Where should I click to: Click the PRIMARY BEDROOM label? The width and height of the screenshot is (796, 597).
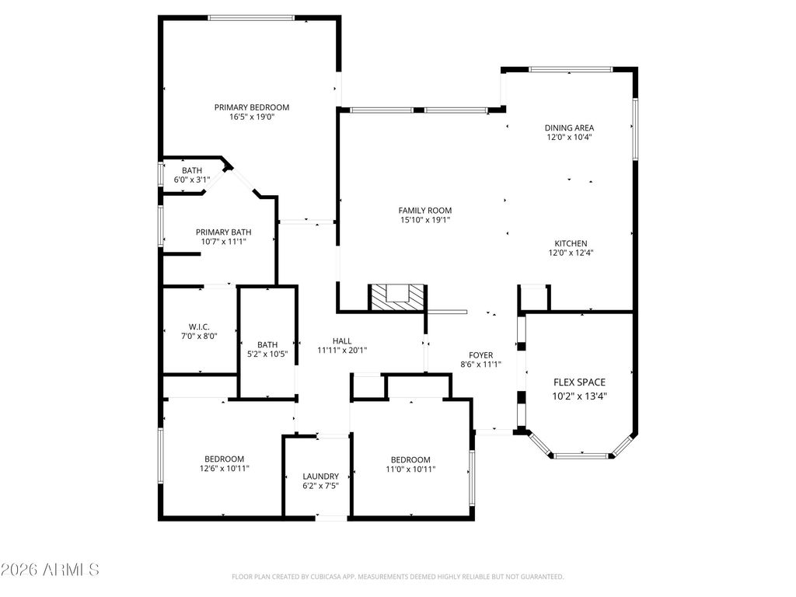(252, 107)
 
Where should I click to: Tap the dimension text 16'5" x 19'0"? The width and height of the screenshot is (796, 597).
(252, 117)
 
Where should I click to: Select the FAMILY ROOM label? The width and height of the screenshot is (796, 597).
(424, 211)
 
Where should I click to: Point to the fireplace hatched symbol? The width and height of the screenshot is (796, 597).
(397, 295)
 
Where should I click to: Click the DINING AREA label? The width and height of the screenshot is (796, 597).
(570, 127)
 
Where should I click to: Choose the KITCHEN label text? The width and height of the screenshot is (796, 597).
(571, 243)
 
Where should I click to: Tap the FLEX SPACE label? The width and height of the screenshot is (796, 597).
(579, 382)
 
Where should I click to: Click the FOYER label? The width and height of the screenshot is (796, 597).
(481, 354)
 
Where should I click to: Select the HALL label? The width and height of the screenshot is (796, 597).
(342, 340)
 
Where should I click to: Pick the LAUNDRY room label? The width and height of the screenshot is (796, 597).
(320, 477)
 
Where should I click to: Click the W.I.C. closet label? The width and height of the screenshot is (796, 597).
(199, 326)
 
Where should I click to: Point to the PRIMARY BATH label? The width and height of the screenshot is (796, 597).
(223, 232)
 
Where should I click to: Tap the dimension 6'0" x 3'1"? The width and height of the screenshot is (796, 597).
(192, 180)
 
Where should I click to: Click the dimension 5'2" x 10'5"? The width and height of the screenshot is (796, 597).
(267, 354)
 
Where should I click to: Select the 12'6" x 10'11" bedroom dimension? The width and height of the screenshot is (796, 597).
(225, 469)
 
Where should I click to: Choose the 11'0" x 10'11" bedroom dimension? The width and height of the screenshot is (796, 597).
(410, 469)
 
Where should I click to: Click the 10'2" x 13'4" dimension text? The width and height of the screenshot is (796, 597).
(579, 396)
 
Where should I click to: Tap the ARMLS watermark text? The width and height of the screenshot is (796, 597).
(51, 570)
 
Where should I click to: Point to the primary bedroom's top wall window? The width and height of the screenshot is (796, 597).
(250, 17)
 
